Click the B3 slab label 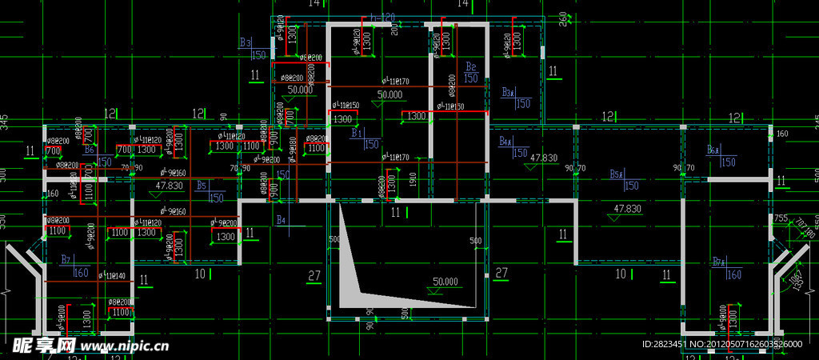coord(246,42)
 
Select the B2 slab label coord(471,66)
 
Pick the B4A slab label coord(505,142)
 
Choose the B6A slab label coord(713,150)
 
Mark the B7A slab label coord(718,262)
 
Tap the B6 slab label coord(90,150)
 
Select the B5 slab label coord(202,185)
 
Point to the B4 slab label coord(281,219)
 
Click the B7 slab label coord(66,259)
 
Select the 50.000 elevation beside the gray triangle coord(445,282)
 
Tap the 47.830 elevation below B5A coord(627,208)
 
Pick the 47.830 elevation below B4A coord(543,158)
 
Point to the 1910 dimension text coord(413,180)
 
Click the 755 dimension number coord(781,218)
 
